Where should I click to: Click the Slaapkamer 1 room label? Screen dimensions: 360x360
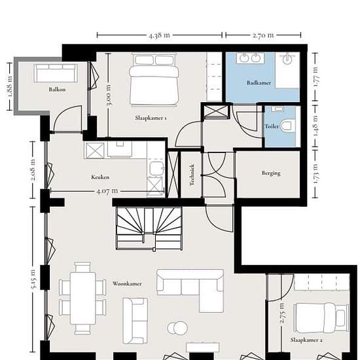tap(151, 118)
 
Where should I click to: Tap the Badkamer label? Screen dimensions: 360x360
tap(259, 82)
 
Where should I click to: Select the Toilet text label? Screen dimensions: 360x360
tap(272, 126)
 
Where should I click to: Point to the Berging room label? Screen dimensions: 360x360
tap(271, 173)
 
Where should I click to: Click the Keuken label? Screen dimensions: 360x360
tap(100, 177)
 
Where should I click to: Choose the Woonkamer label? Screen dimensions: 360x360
tap(127, 284)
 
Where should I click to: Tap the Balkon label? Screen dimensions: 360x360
tap(57, 89)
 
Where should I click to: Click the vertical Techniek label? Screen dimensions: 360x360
tap(192, 175)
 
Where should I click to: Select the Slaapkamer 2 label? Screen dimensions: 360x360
tap(306, 340)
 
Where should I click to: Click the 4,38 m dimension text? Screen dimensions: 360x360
tap(159, 35)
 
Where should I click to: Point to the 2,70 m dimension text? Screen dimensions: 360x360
tap(263, 35)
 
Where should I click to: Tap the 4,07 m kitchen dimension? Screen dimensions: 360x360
tap(107, 191)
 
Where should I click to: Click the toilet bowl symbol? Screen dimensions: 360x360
tap(288, 126)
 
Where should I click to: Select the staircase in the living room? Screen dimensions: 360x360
tap(149, 228)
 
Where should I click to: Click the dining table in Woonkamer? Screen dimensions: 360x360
tap(83, 298)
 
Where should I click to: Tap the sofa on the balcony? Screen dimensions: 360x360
tap(56, 73)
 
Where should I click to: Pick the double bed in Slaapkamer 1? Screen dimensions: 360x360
tap(154, 80)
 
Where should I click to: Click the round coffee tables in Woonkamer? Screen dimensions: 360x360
tap(177, 328)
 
